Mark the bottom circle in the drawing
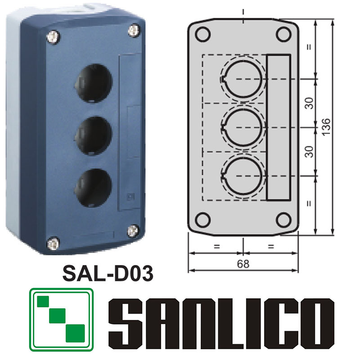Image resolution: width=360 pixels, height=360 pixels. point(243,175)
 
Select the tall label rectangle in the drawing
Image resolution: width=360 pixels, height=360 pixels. point(279,127)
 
